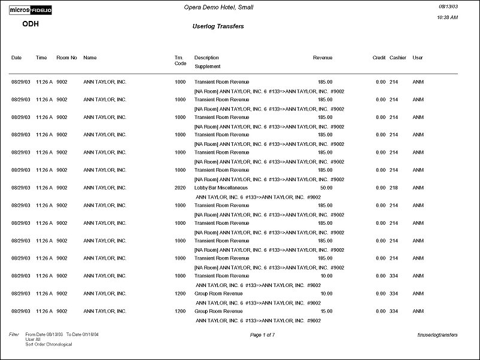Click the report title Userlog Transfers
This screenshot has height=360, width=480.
pos(218,26)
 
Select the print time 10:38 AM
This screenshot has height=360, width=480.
pos(448,17)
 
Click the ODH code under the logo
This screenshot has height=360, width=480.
pos(31,25)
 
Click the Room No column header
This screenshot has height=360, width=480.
pos(66,58)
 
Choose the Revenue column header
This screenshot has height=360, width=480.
pos(323,58)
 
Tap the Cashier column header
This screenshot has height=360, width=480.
pos(397,58)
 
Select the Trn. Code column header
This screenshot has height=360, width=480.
pos(180,60)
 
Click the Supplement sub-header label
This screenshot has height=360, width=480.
pos(208,66)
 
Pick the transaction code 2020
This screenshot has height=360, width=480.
pos(180,188)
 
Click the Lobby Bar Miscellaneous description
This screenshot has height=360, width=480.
pos(221,188)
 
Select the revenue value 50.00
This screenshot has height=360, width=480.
pos(326,188)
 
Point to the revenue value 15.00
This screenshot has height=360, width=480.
pos(326,312)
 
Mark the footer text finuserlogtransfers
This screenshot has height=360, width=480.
pos(443,335)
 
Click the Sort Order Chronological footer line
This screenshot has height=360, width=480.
pos(48,344)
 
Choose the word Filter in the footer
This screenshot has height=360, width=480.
pos(14,335)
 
